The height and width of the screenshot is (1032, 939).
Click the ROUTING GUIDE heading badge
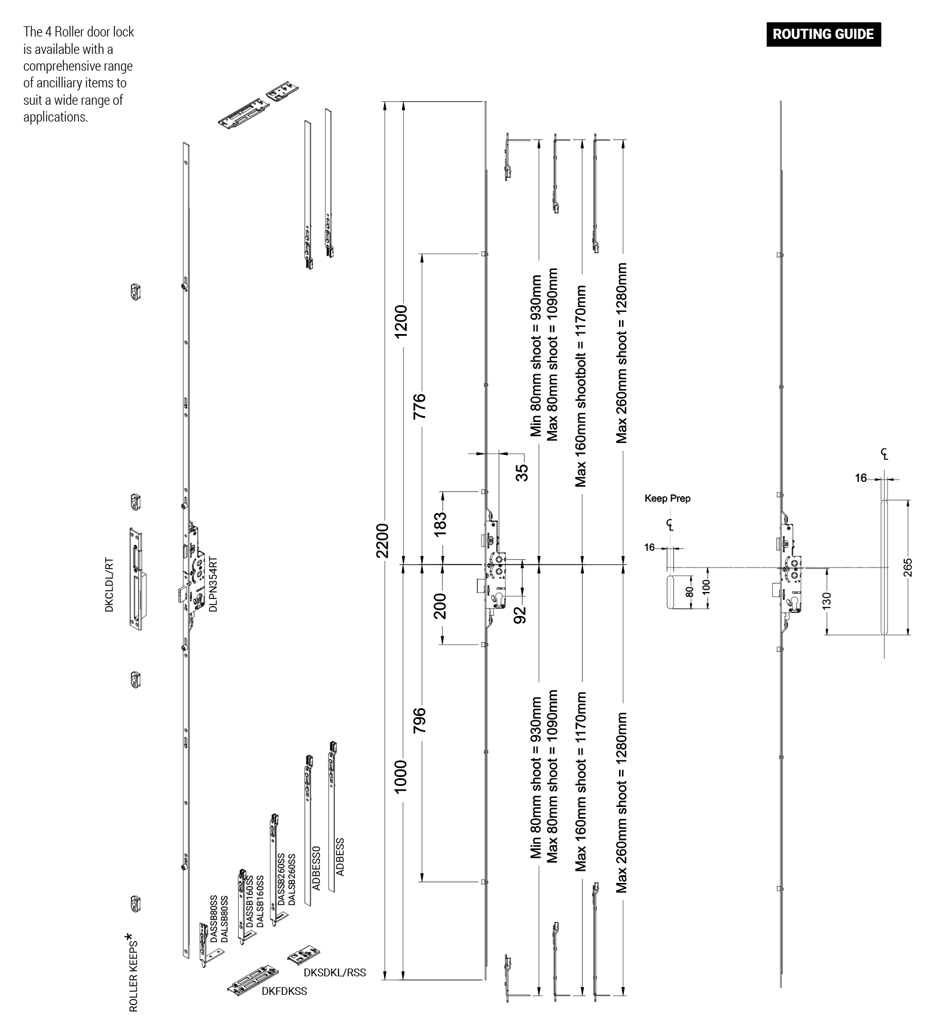click(x=823, y=34)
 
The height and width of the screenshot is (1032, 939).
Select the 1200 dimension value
click(x=401, y=321)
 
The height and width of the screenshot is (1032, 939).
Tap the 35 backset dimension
click(x=522, y=472)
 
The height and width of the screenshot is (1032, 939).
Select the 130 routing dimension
click(x=827, y=600)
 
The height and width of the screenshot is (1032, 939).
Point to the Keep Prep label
click(x=667, y=498)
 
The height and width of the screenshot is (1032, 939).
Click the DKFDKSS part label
click(x=284, y=991)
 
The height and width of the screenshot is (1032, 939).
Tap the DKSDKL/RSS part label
click(x=334, y=973)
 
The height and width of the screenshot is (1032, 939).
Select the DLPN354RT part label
click(x=213, y=584)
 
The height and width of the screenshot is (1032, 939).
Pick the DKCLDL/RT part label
click(x=109, y=586)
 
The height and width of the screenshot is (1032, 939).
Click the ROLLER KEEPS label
click(x=133, y=976)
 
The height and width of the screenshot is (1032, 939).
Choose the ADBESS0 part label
click(x=316, y=868)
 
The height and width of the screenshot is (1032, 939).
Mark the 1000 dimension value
click(x=401, y=776)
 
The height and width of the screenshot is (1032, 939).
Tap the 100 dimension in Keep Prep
click(x=706, y=587)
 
